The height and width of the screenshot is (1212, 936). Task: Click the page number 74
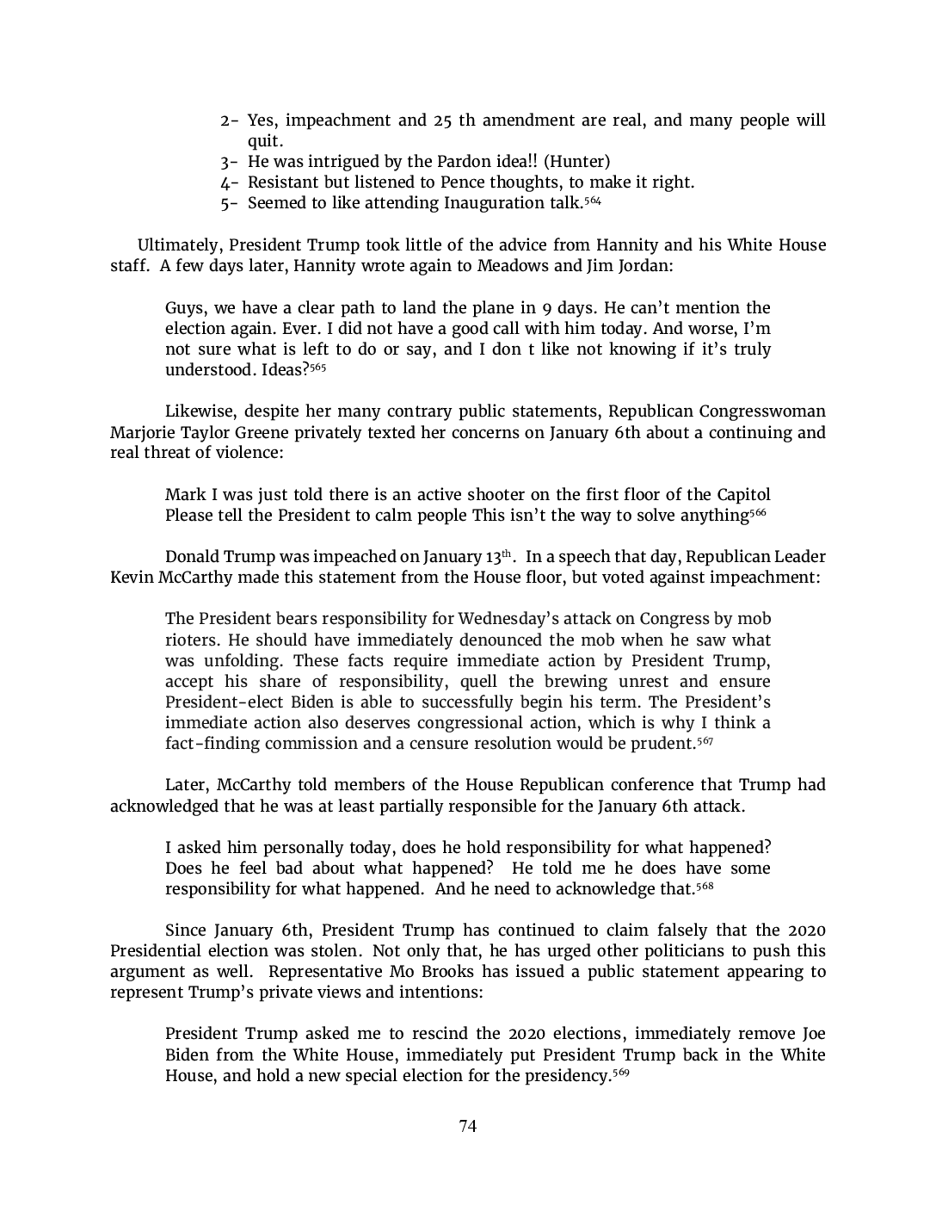point(467,1126)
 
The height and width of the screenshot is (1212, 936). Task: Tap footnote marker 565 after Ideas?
point(317,367)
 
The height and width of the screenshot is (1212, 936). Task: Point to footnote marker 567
point(704,740)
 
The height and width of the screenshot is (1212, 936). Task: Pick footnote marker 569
point(620,1073)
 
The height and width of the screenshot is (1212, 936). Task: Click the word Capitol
point(742,494)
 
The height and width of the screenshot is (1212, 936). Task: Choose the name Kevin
point(132,577)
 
